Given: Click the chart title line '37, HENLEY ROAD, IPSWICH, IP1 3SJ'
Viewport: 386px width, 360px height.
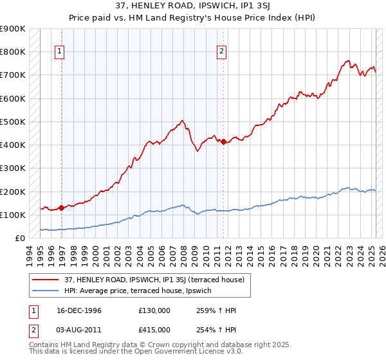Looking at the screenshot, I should pos(193,7).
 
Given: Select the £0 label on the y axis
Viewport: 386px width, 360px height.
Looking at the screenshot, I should pos(19,239).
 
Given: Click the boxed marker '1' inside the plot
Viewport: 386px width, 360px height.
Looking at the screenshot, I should pos(59,53).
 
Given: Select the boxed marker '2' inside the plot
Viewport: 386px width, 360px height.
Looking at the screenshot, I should pos(221,53).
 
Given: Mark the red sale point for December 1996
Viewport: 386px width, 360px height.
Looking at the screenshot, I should pos(61,208).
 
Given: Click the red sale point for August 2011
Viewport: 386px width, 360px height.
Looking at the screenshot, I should pos(223,141).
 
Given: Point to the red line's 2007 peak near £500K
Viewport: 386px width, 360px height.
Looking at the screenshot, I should pos(183,121).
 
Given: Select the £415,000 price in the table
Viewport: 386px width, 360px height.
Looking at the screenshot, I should pos(154,330).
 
